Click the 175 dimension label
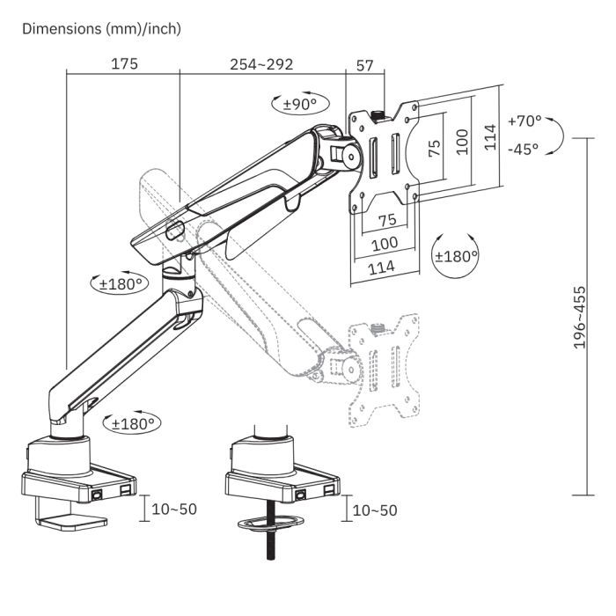point(123,64)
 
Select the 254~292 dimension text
point(261,64)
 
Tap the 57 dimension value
point(366,64)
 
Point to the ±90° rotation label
point(299,105)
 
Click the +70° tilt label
point(525,121)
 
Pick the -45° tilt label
point(523,149)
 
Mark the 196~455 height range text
point(580,317)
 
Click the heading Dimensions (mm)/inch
point(101,28)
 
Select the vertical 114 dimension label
point(490,137)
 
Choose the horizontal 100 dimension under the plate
point(384,242)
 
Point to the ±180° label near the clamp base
point(133,423)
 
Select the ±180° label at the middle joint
point(121,284)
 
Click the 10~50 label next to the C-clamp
point(175,510)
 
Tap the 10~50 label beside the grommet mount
point(374,510)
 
